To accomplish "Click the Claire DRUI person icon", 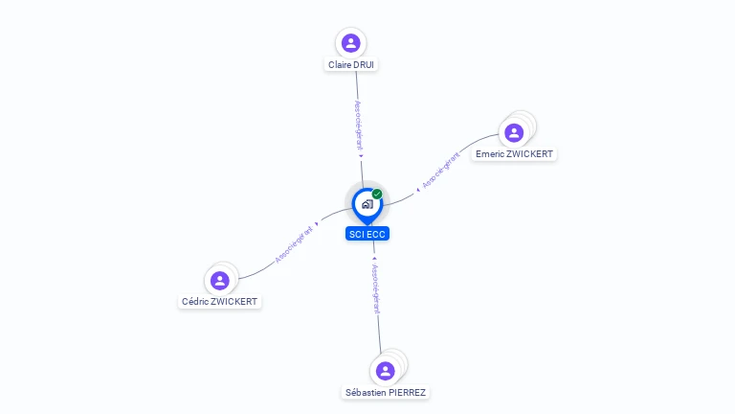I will [x=351, y=43].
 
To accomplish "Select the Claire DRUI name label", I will [x=351, y=65].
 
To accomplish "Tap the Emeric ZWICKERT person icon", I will [x=515, y=131].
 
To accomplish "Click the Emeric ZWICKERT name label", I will [x=514, y=153].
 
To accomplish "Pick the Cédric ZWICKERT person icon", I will [x=220, y=280].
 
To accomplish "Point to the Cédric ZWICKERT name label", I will [x=220, y=301].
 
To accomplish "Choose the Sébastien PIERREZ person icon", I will [x=386, y=371].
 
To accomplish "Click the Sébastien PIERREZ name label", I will [x=386, y=392].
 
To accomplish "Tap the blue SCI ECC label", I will [x=367, y=234].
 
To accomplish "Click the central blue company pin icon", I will [x=367, y=204].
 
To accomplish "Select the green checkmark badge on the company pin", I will [x=377, y=195].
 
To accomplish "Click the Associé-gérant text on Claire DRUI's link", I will [x=359, y=125].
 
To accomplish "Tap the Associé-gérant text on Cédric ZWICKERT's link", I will [x=293, y=243].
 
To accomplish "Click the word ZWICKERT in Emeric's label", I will [x=530, y=153].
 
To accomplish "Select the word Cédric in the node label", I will [x=196, y=301].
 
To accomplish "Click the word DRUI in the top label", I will [x=364, y=65].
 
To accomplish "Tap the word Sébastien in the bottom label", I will [x=366, y=392].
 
